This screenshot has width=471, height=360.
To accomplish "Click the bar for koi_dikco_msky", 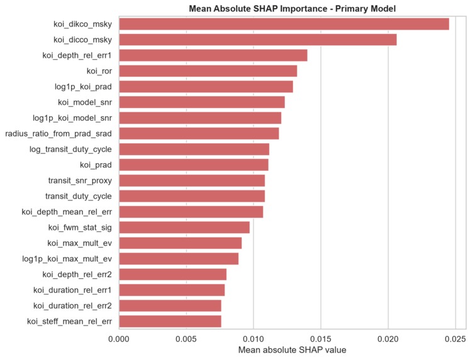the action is click(x=284, y=24).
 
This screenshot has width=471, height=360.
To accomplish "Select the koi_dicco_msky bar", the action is click(x=258, y=40).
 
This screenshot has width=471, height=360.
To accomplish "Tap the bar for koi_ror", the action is click(x=208, y=71).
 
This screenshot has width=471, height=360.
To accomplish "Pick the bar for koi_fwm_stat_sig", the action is click(x=184, y=227).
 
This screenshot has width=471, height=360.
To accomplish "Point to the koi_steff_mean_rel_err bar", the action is click(x=170, y=321).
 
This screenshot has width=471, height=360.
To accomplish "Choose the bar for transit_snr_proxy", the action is click(x=192, y=180).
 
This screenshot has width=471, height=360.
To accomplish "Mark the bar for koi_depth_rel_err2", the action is click(x=173, y=275).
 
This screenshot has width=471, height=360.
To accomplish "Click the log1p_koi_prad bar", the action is click(x=206, y=87).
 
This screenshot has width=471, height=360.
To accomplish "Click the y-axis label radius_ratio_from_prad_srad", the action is click(x=58, y=133).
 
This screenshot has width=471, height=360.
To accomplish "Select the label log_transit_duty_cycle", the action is click(x=70, y=150).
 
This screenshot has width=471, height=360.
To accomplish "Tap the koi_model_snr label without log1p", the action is click(x=85, y=102).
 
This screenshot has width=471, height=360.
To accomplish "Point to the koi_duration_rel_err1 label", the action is click(x=72, y=290).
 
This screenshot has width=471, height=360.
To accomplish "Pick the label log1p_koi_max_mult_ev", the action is click(x=67, y=259).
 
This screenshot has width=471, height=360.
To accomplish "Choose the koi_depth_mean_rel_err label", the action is click(x=67, y=212).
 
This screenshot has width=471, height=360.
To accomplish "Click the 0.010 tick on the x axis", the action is click(x=253, y=339).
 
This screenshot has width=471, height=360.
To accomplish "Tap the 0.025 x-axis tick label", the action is click(x=455, y=339).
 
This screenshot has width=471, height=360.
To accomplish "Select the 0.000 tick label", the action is click(x=119, y=339).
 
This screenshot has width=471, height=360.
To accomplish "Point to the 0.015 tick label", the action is click(x=321, y=339).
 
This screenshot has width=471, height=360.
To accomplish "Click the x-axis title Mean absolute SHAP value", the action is click(x=292, y=350).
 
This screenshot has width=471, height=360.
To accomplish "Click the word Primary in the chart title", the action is click(x=350, y=9).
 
